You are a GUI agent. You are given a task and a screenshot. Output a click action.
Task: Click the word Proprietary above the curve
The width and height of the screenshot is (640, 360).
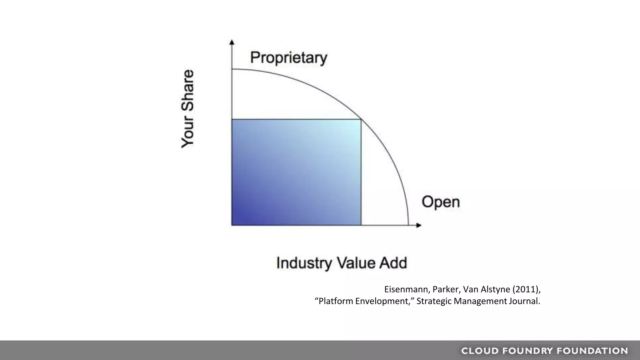[288, 58]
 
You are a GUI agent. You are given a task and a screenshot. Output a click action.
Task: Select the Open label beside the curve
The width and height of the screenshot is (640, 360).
[441, 202]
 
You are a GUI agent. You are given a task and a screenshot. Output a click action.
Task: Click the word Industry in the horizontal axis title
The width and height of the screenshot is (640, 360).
[304, 263]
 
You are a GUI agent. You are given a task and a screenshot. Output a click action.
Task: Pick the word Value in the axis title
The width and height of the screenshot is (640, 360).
[355, 263]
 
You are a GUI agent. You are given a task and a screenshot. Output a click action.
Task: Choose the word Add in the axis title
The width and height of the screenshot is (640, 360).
[393, 263]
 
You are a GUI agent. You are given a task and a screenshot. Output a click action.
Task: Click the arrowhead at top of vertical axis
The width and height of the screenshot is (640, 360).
[232, 42]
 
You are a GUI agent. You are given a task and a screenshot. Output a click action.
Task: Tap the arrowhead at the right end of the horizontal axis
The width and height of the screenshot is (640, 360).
[419, 225]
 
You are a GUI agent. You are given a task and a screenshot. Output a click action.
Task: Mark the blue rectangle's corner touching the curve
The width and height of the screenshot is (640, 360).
[361, 119]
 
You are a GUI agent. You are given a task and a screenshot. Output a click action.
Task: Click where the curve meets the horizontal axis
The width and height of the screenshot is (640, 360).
[408, 225]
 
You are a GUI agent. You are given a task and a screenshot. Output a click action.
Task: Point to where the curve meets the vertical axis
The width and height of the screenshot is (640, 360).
[232, 69]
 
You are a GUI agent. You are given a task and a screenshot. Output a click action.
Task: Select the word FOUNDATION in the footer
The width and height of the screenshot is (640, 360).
[592, 351]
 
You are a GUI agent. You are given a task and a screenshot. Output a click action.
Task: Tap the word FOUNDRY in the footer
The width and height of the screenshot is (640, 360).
[528, 351]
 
